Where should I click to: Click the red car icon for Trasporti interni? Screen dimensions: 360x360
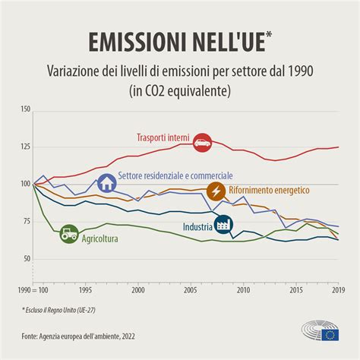click(x=202, y=141)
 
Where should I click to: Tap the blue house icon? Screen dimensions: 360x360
click(x=107, y=183)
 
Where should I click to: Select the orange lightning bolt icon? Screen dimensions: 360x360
click(x=216, y=190)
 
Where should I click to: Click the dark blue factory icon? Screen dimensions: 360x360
click(x=223, y=225)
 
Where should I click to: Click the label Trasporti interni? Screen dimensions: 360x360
click(x=163, y=137)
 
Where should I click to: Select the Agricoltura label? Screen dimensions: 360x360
click(x=105, y=238)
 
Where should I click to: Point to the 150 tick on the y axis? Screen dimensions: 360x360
click(x=25, y=110)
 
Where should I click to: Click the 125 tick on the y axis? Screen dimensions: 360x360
click(x=25, y=147)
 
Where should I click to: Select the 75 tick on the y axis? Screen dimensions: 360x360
click(x=27, y=222)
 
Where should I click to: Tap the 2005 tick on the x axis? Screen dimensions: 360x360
click(x=191, y=289)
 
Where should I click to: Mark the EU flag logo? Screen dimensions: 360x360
click(x=330, y=334)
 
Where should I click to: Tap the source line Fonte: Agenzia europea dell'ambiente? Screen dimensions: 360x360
click(x=89, y=335)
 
